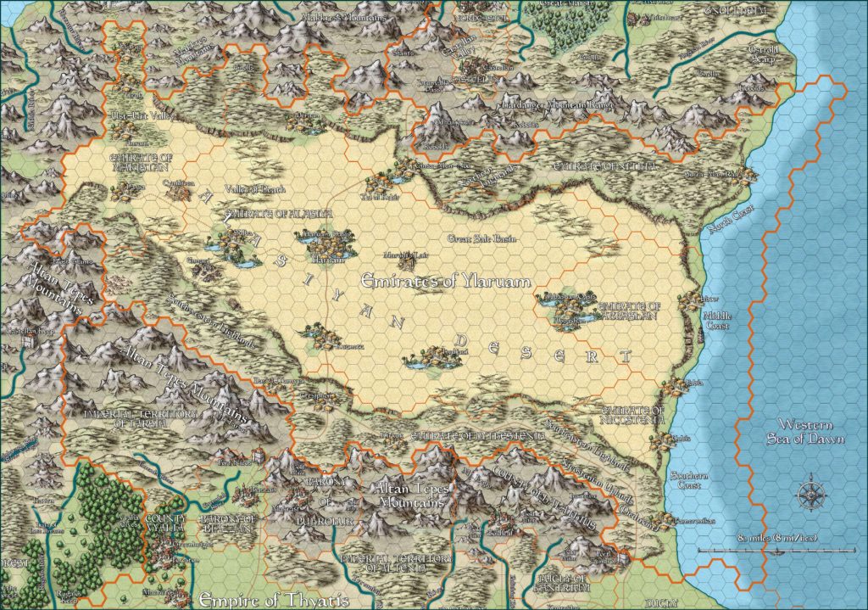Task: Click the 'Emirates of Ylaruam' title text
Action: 446,281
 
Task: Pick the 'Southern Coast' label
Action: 682,481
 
